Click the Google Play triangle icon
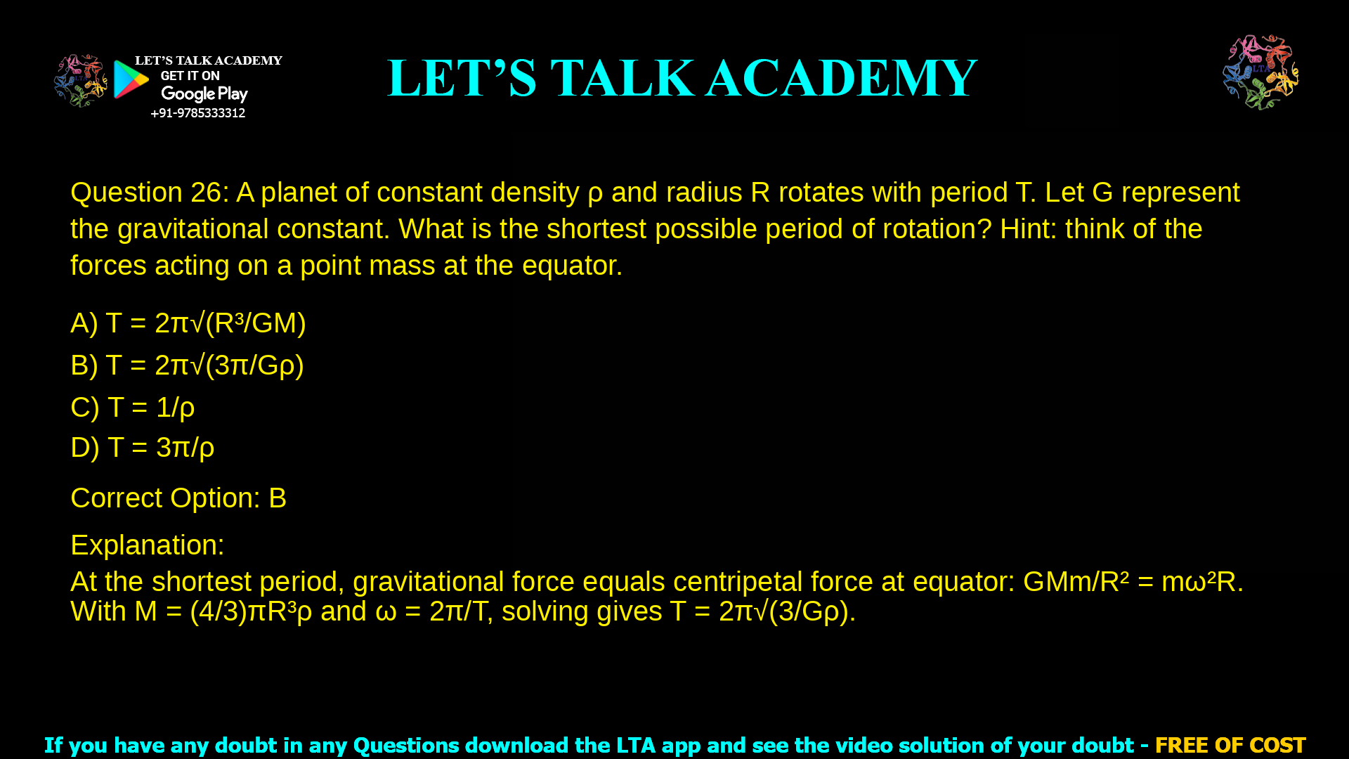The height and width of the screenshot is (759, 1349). click(x=131, y=79)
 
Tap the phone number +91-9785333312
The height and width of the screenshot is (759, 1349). click(x=197, y=113)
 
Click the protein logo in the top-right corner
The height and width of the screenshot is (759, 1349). click(x=1260, y=72)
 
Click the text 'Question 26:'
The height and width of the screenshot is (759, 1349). click(x=150, y=193)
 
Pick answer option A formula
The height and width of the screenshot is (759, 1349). click(x=188, y=323)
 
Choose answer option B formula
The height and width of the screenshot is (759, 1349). click(x=187, y=365)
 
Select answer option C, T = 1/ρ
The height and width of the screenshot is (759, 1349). click(x=132, y=408)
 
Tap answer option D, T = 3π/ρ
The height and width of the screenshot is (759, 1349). click(x=142, y=448)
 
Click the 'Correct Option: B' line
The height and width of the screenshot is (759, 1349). click(x=178, y=498)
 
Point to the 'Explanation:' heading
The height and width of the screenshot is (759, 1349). click(x=148, y=545)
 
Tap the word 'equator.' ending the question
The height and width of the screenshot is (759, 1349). click(x=572, y=266)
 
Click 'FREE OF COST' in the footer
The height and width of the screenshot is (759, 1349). click(x=1230, y=745)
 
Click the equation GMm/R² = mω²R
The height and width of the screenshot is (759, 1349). click(x=1132, y=582)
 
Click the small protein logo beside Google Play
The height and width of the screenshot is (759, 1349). click(x=80, y=81)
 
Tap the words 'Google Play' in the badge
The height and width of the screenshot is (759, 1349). click(x=204, y=94)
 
